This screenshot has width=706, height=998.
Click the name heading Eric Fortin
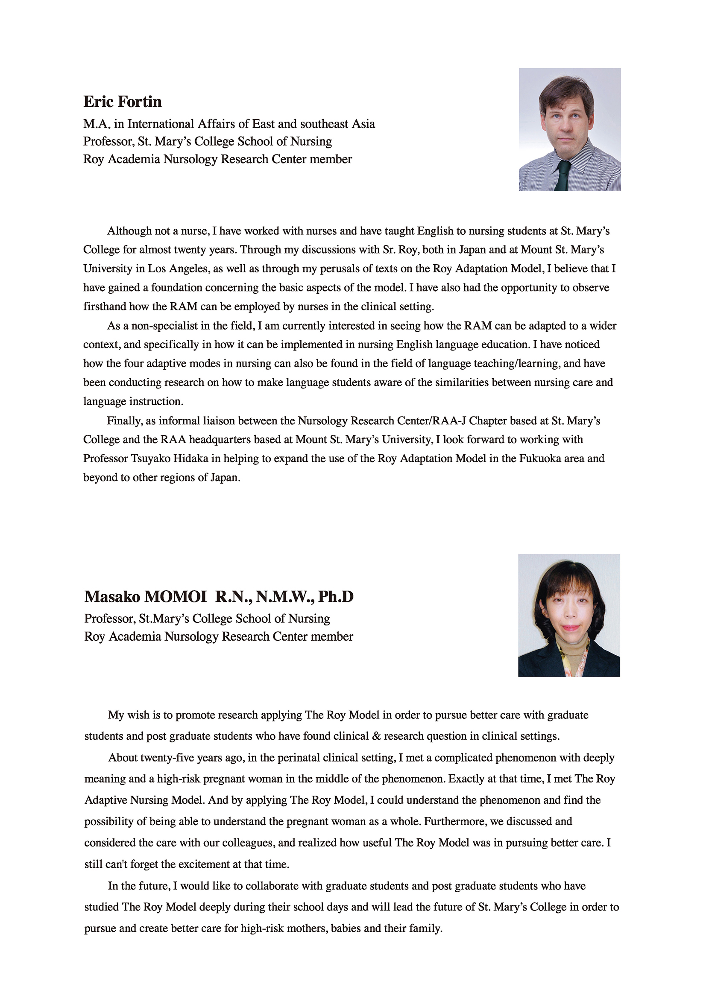click(122, 102)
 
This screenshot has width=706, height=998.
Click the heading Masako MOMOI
click(145, 597)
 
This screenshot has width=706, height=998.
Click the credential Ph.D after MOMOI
click(335, 597)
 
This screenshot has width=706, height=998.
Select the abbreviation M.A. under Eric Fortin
click(97, 124)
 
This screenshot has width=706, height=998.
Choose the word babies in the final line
click(346, 928)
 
